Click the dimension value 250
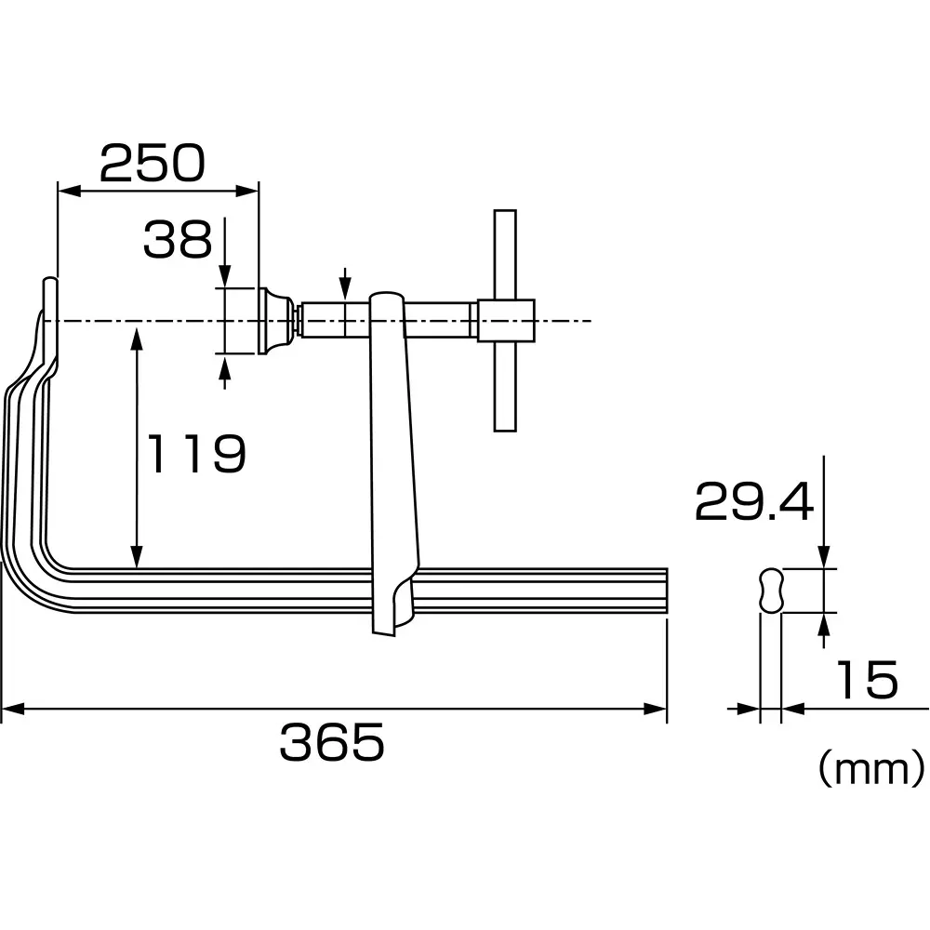(152, 164)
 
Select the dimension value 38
(178, 239)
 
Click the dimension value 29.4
(754, 503)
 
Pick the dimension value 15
(866, 680)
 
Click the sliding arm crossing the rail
(393, 465)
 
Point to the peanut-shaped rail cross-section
(772, 591)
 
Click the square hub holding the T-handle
(506, 321)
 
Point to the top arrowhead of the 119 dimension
(138, 335)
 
